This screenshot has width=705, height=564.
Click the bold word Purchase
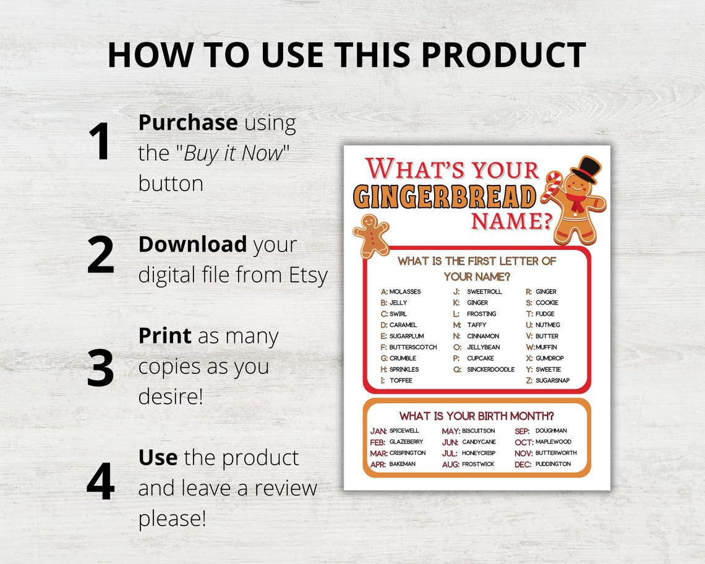point(187,122)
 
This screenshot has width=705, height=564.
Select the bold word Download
point(192,244)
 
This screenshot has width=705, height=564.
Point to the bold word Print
point(164,336)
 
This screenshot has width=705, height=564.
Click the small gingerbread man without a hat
point(370,235)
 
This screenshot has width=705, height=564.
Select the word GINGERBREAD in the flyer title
point(445,197)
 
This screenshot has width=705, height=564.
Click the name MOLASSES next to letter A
point(405,291)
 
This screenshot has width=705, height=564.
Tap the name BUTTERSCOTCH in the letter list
point(412,347)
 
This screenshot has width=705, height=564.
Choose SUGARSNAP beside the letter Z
point(552,380)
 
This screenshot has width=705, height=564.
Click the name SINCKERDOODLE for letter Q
point(490,369)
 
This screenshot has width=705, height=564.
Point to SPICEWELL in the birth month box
point(404,430)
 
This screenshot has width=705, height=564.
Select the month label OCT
point(523,442)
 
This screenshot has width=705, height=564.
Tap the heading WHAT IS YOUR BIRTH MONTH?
point(476,416)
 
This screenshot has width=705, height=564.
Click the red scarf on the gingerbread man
point(575,202)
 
